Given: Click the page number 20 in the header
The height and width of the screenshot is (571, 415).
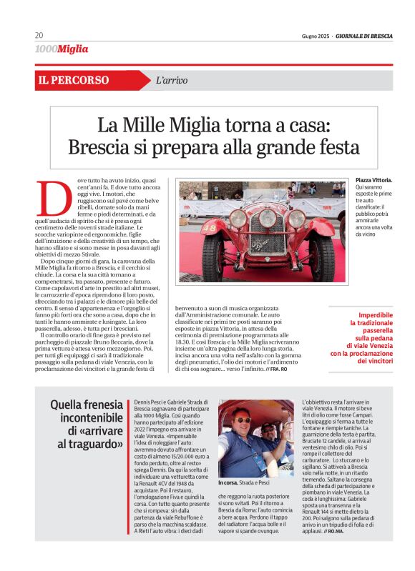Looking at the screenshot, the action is click(39, 36).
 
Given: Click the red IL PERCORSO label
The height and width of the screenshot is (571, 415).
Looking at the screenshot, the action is click(74, 81).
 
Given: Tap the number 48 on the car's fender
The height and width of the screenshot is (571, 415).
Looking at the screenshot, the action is click(210, 228).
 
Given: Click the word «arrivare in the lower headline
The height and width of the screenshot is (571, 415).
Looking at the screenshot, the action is click(97, 431).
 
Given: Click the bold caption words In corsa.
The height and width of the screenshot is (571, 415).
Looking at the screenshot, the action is click(229, 483).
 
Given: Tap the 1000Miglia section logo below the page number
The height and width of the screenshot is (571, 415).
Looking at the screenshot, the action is click(62, 49).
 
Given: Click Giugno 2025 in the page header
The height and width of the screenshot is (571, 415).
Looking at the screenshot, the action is click(316, 36).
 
